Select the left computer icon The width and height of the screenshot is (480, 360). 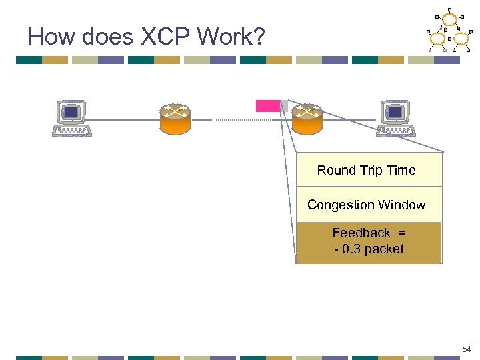[71, 118]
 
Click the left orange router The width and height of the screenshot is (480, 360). [175, 119]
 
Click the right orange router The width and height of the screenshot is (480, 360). [307, 119]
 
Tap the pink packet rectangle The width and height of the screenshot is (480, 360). [268, 106]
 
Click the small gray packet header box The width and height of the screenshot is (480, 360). [284, 106]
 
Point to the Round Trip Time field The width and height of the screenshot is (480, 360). [369, 170]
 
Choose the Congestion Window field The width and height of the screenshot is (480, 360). [369, 205]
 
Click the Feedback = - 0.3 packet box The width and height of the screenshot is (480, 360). [369, 242]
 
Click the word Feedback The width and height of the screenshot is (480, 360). [361, 233]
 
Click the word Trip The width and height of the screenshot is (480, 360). [372, 170]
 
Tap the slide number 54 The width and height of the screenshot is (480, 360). [467, 349]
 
